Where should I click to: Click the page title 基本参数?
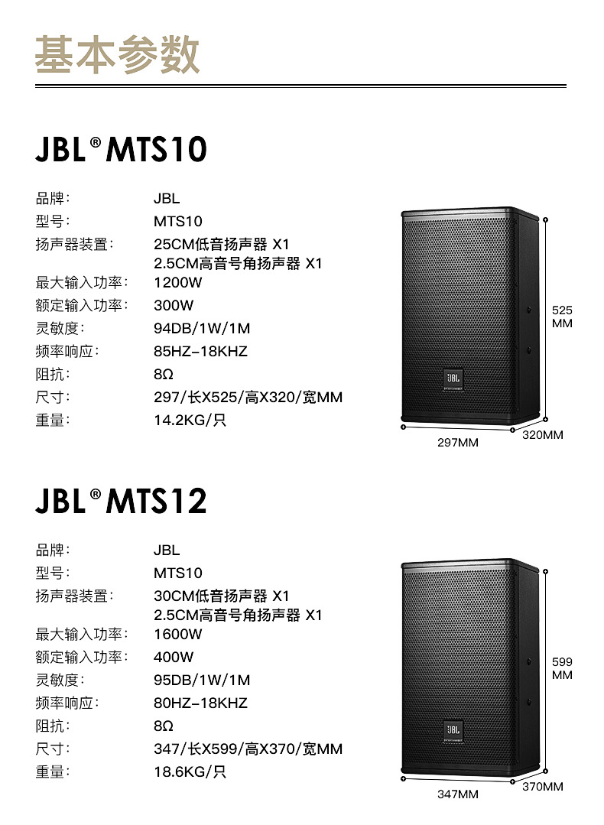pos(117,54)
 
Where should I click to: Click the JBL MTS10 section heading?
pos(121,149)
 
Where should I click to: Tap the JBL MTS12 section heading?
pos(121,501)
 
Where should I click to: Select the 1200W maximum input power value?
pos(177,282)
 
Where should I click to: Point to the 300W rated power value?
pos(174,305)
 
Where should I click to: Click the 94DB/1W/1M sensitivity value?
pos(202,328)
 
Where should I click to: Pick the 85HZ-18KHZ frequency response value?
pos(200,351)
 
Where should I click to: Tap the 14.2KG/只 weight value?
pos(190,420)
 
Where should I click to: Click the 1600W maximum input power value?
pos(177,634)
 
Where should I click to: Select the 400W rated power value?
pos(174,657)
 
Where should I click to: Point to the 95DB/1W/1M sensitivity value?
pos(202,680)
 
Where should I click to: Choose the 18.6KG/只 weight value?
pos(190,771)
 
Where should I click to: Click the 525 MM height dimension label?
pos(562,317)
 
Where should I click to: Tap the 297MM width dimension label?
pos(457,443)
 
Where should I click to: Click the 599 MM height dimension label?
pos(562,668)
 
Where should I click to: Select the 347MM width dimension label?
pos(457,794)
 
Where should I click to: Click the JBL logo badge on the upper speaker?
pos(452,377)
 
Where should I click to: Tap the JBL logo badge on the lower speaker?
pos(452,729)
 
